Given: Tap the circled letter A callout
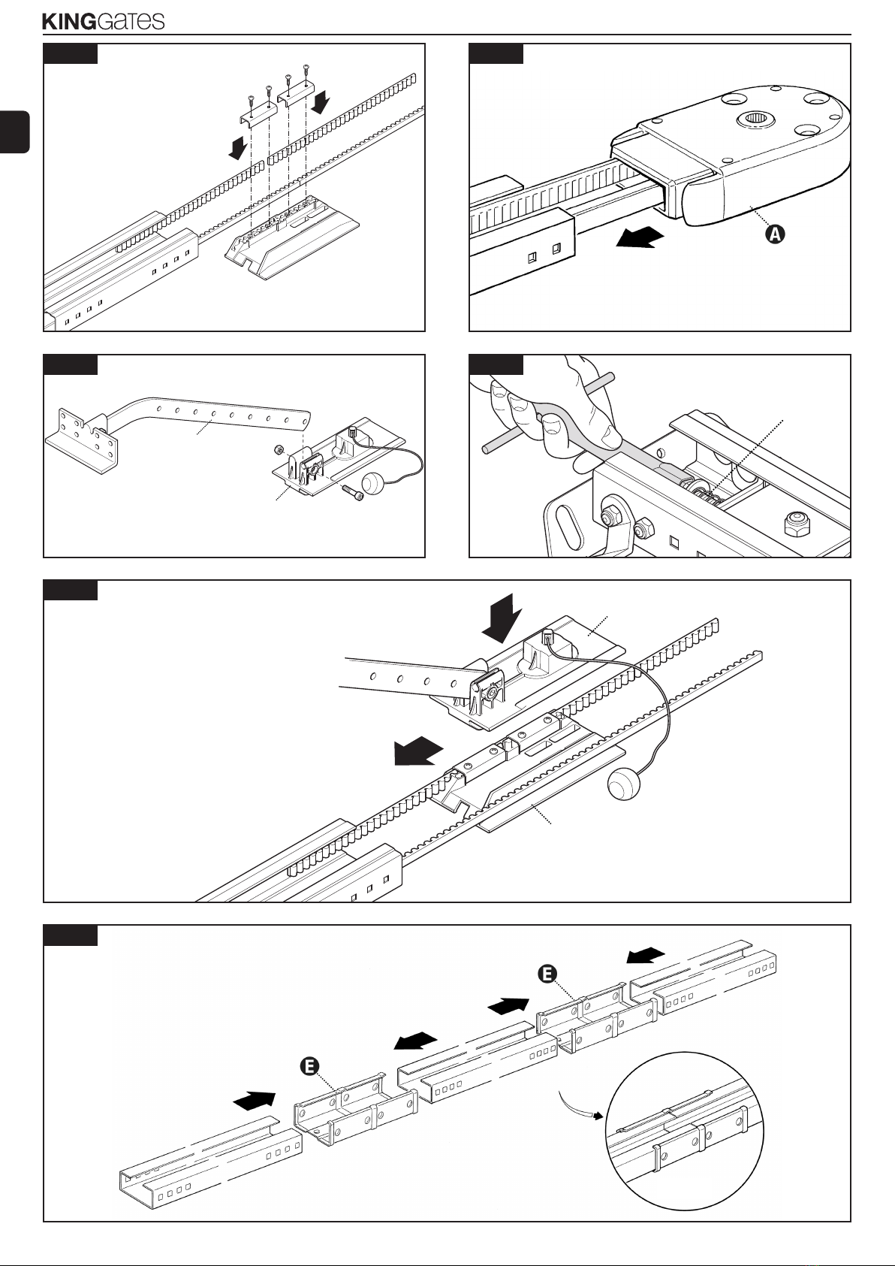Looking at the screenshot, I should pos(775,234).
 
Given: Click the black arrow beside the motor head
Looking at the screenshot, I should pos(639,237).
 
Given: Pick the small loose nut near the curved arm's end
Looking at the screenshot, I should pos(276,450).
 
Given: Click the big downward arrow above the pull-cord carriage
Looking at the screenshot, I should pos(503,617).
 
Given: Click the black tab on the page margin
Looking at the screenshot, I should pos(14,132).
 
